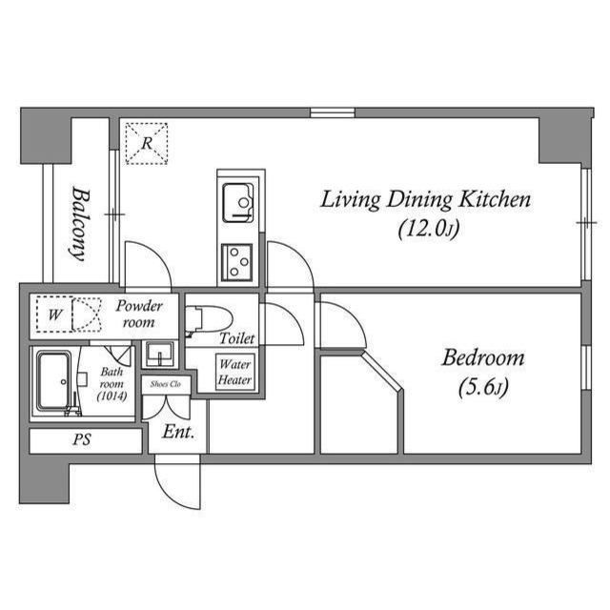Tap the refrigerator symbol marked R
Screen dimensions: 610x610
(x=147, y=144)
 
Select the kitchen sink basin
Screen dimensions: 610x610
(x=238, y=203)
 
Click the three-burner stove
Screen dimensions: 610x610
(x=237, y=263)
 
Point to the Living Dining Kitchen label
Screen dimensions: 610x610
(x=425, y=199)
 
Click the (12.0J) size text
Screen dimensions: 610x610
(x=428, y=229)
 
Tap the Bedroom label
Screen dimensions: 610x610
(x=483, y=358)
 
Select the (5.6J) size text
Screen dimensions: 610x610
(x=483, y=388)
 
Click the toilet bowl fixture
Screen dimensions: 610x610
(x=209, y=319)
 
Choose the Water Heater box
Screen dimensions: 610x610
(x=235, y=373)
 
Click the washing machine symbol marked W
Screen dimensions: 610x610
(x=54, y=315)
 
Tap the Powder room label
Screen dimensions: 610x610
(x=139, y=314)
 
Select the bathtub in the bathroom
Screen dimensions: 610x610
(x=54, y=380)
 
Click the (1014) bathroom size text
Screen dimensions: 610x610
(x=112, y=396)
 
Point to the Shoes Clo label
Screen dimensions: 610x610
(x=166, y=384)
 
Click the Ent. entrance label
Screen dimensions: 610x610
(x=178, y=432)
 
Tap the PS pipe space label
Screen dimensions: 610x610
(x=82, y=439)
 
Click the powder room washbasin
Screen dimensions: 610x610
(x=160, y=353)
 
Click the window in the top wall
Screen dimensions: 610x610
(x=333, y=112)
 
